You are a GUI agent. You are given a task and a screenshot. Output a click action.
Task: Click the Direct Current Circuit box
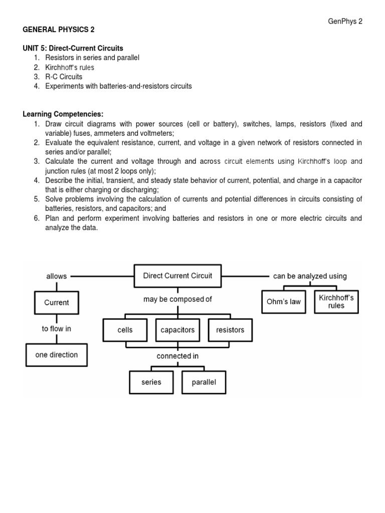(x=177, y=276)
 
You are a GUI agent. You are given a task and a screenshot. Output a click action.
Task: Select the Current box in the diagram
(x=57, y=303)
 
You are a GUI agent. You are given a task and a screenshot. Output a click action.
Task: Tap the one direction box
(x=57, y=355)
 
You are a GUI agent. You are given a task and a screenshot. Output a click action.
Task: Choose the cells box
(x=125, y=330)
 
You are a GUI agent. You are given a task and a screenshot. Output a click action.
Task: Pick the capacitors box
(x=177, y=330)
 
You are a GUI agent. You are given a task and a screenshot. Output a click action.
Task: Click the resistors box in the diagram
(x=230, y=330)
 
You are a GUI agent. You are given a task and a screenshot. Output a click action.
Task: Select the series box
(x=151, y=382)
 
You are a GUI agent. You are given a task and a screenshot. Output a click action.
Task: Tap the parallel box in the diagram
(x=204, y=382)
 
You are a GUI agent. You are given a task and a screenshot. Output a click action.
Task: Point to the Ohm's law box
(x=284, y=302)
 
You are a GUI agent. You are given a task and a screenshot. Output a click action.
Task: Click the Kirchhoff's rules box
(x=336, y=302)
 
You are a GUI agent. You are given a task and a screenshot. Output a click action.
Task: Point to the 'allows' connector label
(x=56, y=276)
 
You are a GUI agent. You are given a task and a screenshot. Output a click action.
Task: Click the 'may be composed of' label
(x=177, y=300)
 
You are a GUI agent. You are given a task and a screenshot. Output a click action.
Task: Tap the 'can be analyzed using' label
(x=310, y=276)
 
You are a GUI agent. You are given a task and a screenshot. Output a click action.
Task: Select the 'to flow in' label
(x=56, y=329)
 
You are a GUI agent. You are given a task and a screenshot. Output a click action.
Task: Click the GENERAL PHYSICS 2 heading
(x=59, y=30)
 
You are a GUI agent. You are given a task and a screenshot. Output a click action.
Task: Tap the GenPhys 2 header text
(x=345, y=21)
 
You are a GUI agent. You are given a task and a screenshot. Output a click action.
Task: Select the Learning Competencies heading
(x=63, y=114)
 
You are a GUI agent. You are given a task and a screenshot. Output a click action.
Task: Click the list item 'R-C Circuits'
(x=64, y=77)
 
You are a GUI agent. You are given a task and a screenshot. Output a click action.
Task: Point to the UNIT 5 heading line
(x=73, y=49)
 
